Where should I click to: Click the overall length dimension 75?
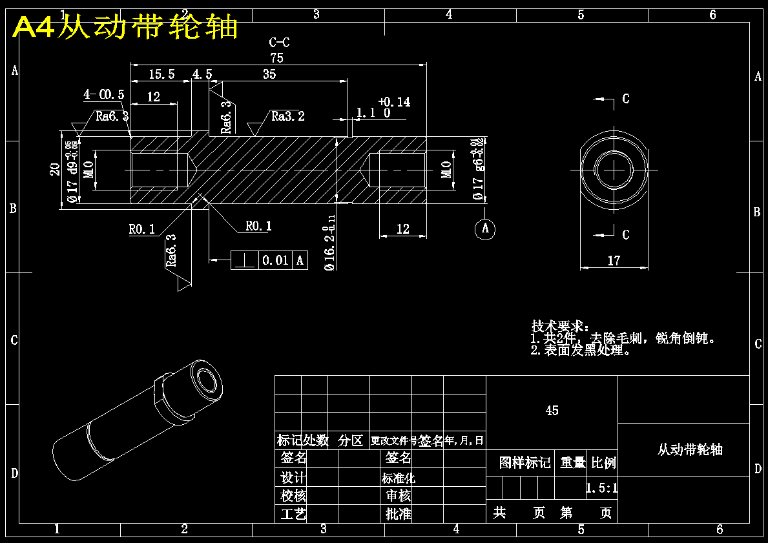[276, 57]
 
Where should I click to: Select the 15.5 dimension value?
[161, 74]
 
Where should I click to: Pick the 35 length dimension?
[269, 74]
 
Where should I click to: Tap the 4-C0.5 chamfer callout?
[103, 94]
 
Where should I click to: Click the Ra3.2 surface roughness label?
[287, 116]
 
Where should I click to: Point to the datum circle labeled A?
[485, 228]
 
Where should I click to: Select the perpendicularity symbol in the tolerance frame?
[245, 260]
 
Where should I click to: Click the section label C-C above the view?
[279, 43]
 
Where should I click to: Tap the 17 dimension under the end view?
[614, 261]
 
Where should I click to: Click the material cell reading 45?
[552, 411]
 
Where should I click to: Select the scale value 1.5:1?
[601, 488]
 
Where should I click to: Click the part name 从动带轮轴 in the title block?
[690, 450]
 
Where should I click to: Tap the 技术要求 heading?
[559, 326]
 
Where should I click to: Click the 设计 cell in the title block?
[293, 478]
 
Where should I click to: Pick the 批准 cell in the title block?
[399, 514]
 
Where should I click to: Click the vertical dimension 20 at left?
[56, 169]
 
